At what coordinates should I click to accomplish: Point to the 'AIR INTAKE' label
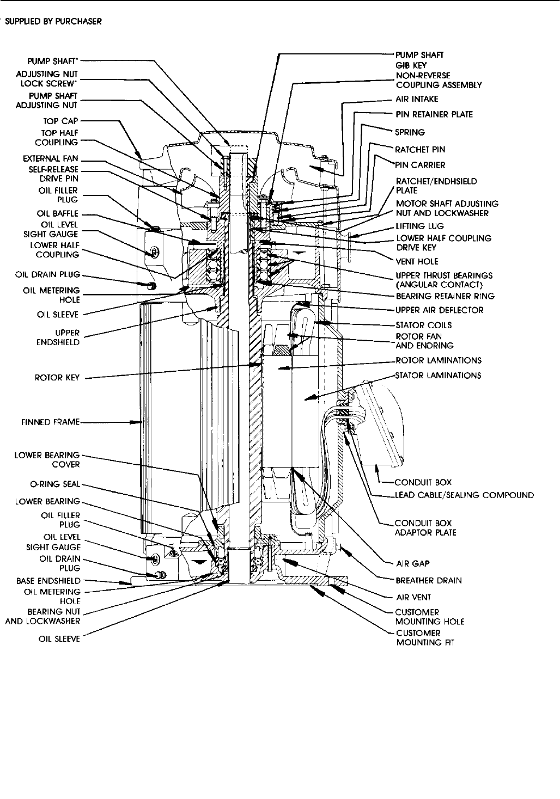click(x=417, y=99)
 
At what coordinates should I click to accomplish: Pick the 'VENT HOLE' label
click(x=417, y=261)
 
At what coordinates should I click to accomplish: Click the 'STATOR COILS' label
click(x=423, y=325)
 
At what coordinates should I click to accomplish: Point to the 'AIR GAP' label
click(x=409, y=564)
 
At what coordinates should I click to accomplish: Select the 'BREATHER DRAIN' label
click(x=428, y=580)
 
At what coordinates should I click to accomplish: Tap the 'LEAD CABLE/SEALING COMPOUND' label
click(x=464, y=495)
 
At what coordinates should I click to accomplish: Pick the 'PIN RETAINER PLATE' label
click(x=434, y=114)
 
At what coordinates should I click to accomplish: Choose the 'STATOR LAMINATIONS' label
click(x=438, y=376)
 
